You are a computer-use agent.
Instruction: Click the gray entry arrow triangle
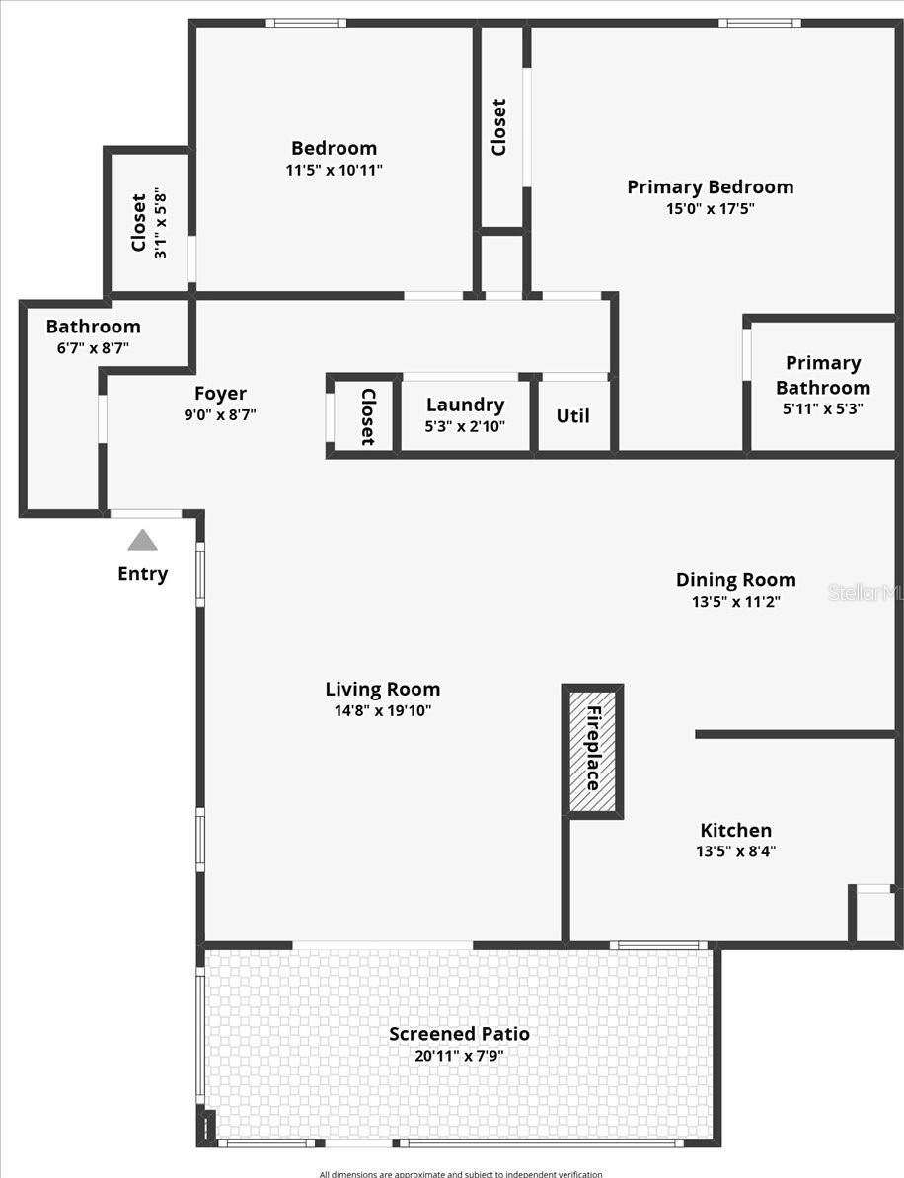[142, 540]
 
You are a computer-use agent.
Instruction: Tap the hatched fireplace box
[592, 751]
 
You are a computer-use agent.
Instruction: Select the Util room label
[572, 415]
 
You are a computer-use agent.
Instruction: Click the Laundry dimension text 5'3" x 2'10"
[465, 427]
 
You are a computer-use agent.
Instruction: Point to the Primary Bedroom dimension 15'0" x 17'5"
[711, 208]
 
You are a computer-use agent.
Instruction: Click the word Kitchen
[735, 830]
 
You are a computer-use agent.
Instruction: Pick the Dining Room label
[735, 580]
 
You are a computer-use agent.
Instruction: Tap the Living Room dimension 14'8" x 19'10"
[383, 710]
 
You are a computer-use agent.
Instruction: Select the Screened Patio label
[459, 1034]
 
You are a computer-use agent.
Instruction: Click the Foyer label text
[220, 394]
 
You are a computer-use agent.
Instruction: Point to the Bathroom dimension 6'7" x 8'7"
[93, 348]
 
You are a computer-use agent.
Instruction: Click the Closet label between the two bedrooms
[499, 127]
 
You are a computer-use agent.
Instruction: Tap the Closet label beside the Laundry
[367, 416]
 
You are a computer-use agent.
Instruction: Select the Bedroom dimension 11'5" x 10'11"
[334, 170]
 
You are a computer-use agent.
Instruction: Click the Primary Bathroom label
[823, 375]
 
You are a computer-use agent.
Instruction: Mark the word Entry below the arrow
[143, 574]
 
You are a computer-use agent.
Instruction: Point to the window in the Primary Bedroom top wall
[759, 23]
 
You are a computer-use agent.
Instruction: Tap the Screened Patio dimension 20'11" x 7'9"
[459, 1056]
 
